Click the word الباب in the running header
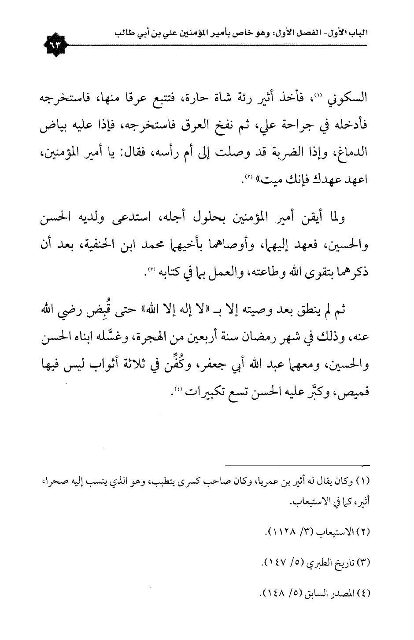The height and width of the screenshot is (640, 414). click(358, 34)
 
